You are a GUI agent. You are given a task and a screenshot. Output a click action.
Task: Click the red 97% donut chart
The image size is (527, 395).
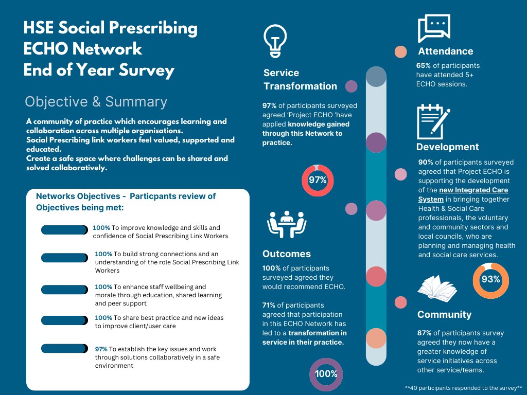coord(318,180)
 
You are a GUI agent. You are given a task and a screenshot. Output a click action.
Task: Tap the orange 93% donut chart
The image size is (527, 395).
coord(490,280)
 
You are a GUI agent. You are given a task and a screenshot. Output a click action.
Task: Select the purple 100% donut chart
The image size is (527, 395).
coord(326,374)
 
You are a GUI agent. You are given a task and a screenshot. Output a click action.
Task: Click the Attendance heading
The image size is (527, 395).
coord(446,51)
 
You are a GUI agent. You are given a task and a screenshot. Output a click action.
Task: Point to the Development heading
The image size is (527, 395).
coord(447,147)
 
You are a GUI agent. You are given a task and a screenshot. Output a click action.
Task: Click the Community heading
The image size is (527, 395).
coord(444,315)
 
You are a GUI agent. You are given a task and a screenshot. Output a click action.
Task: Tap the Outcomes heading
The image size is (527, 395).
coord(287,254)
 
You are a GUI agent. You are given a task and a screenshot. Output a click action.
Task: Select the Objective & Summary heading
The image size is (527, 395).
coord(96,102)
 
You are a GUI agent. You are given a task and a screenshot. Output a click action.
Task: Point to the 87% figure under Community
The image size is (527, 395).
coord(425,333)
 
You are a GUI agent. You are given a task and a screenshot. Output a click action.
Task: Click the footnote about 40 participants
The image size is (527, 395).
coord(464,387)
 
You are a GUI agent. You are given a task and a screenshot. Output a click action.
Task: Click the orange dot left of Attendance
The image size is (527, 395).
coord(400,52)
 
